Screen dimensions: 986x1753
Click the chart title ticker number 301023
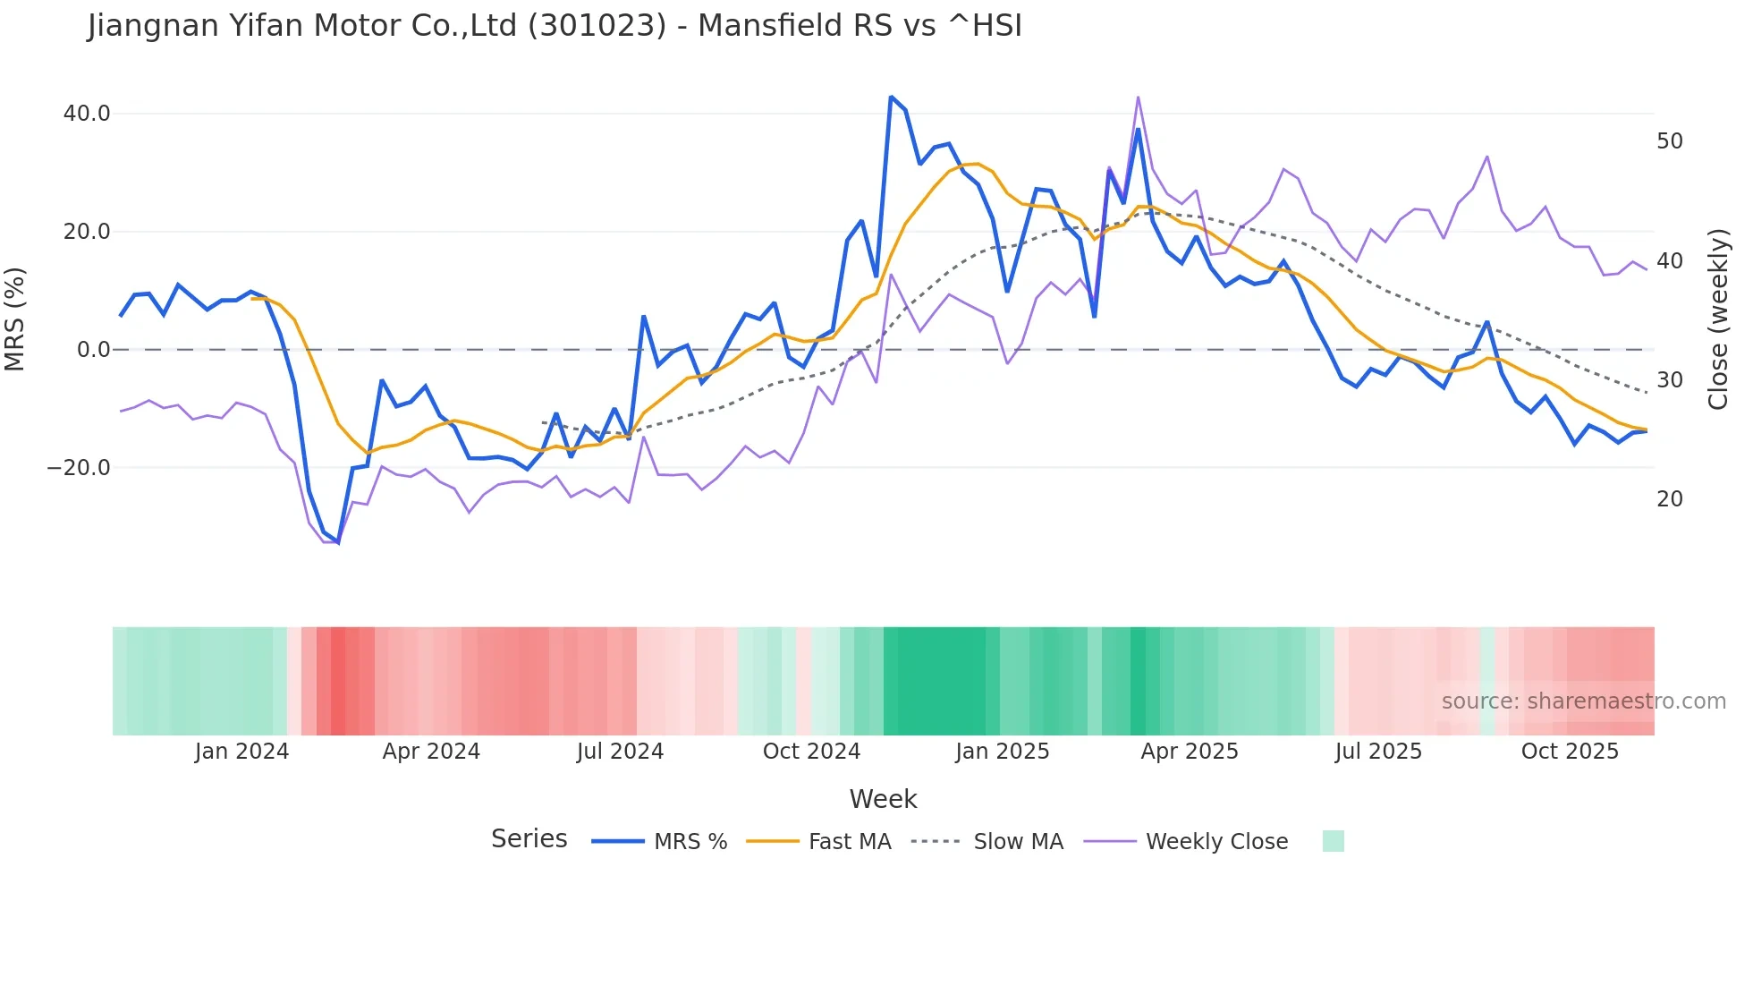coord(597,26)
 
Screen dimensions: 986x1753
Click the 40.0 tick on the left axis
coord(87,114)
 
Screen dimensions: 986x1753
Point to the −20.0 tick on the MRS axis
coord(80,468)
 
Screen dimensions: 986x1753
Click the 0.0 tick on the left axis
coord(93,350)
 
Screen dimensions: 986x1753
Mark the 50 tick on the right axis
coord(1670,141)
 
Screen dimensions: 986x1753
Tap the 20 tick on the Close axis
coord(1670,499)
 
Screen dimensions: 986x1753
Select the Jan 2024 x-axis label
coord(241,752)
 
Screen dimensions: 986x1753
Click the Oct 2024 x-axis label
coord(811,752)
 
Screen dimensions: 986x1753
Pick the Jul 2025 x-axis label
coord(1378,752)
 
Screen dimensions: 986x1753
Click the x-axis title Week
coord(883,799)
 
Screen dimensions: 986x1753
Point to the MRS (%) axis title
coord(15,319)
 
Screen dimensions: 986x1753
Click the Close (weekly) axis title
coord(1717,319)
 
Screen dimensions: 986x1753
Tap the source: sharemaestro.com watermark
coord(1583,701)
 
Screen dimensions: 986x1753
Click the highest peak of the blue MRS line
coord(891,97)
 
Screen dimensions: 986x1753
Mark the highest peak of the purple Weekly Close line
coord(1138,97)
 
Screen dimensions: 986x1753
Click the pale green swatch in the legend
coord(1333,842)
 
